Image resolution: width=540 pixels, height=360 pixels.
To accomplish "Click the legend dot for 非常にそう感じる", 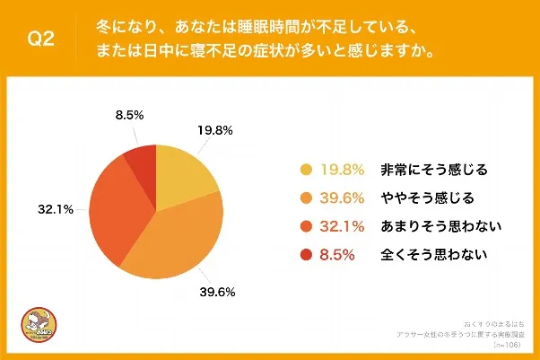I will [306, 169].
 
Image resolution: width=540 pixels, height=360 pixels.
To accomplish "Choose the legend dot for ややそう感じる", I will [306, 198].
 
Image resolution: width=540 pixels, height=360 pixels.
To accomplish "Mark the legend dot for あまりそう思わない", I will [306, 226].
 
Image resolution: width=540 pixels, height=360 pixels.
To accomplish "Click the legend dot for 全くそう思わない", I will [306, 255].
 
